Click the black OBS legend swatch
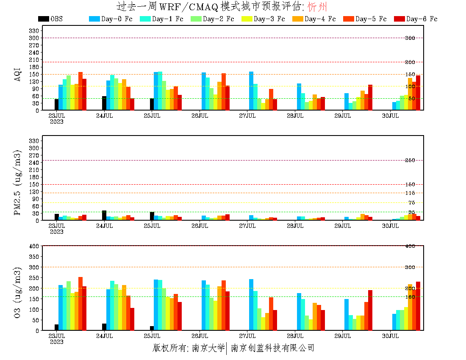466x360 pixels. pos(43,19)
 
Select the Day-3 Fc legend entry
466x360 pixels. pos(263,19)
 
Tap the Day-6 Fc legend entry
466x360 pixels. pos(415,19)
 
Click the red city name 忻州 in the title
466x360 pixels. pos(317,7)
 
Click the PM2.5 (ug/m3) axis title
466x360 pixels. pos(17,182)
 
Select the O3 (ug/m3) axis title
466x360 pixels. pos(17,292)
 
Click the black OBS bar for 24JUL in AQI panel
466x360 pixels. pos(104,103)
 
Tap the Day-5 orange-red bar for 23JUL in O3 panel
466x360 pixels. pos(80,304)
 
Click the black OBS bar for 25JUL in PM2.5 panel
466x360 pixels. pos(152,216)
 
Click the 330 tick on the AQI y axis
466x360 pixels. pos(34,30)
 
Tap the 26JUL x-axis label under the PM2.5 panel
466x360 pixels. pos(200,226)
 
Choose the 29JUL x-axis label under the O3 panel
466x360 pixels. pos(343,336)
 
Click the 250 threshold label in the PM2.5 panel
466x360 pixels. pos(410,161)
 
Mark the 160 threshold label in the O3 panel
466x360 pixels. pos(410,297)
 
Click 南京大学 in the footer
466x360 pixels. pos(208,348)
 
